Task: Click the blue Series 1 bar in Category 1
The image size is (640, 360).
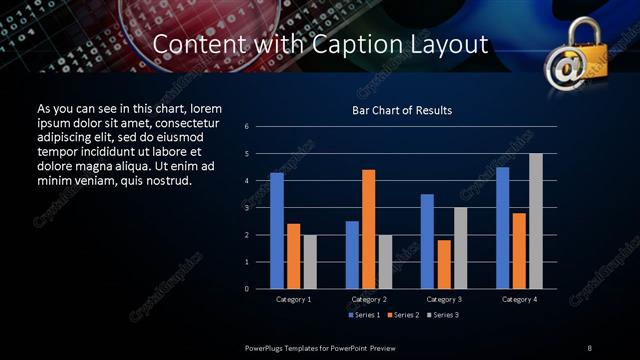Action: point(277,231)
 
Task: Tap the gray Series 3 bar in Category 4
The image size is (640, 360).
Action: point(536,221)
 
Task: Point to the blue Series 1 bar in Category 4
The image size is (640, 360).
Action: point(502,228)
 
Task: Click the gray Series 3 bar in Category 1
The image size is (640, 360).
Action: point(310,262)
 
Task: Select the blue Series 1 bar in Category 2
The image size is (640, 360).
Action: point(352,255)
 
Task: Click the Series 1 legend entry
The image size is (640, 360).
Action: point(363,316)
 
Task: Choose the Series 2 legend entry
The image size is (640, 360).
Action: point(403,316)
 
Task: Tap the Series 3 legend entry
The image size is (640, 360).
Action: point(443,316)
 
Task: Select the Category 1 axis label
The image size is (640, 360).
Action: point(293,299)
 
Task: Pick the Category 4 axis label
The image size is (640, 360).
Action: point(519,299)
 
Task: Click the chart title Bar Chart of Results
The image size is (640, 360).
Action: point(402,110)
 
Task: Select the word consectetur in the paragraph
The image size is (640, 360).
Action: point(180,123)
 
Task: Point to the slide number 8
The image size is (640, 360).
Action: point(590,347)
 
